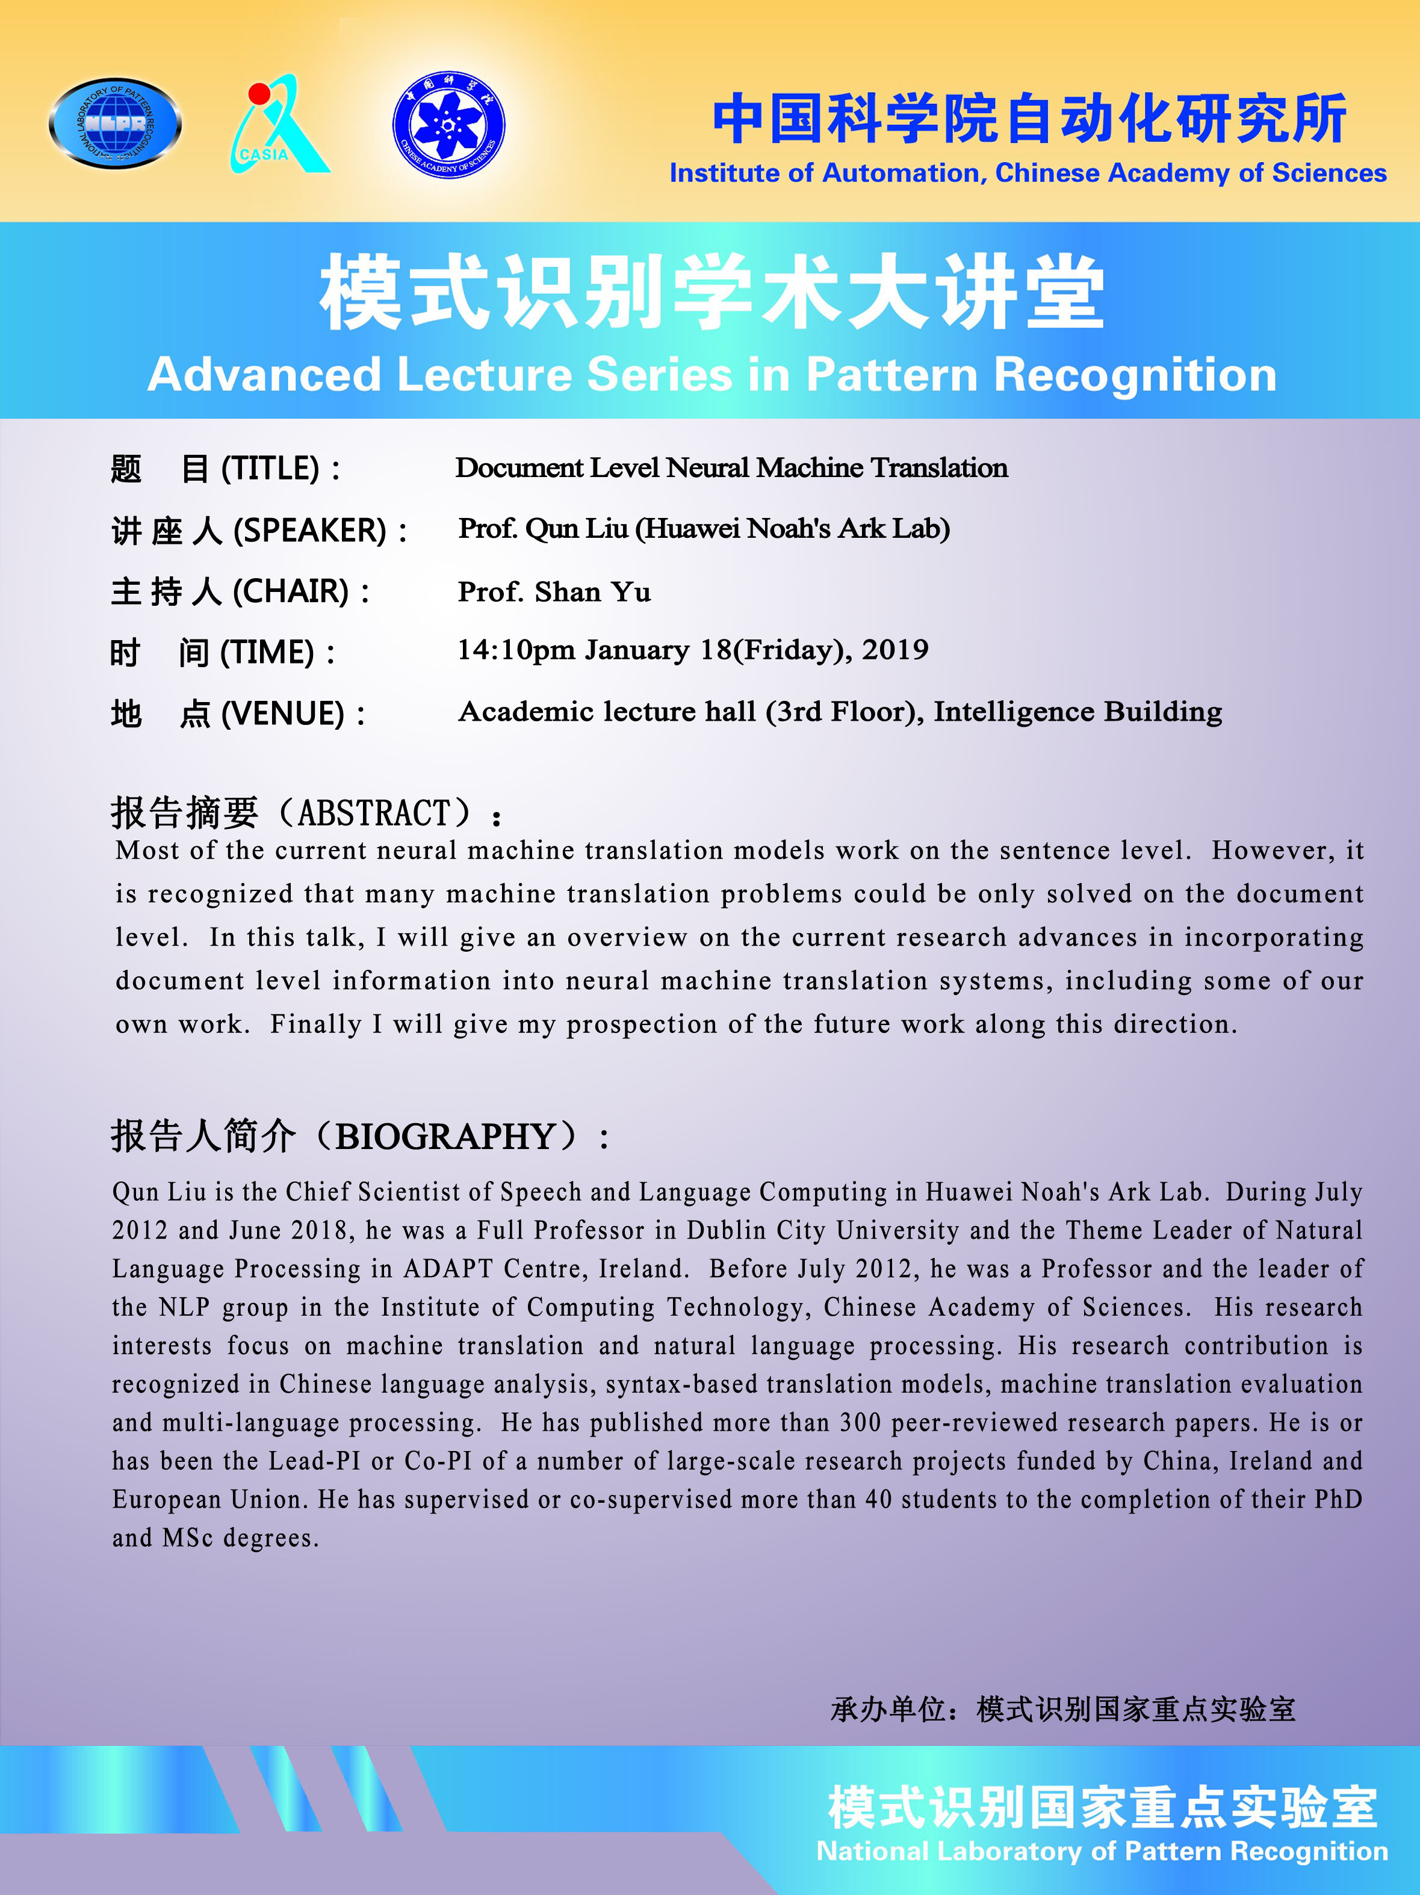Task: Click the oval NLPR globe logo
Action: [115, 123]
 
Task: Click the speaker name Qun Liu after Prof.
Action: [577, 529]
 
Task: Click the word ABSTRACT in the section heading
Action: [374, 813]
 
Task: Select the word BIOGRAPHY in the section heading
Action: [445, 1138]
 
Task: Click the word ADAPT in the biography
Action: [447, 1269]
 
